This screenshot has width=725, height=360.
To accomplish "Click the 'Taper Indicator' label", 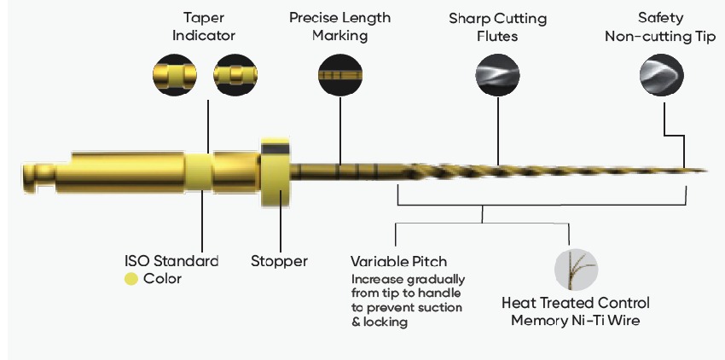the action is pyautogui.click(x=204, y=26).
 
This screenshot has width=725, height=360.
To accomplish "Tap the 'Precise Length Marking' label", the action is pyautogui.click(x=339, y=26).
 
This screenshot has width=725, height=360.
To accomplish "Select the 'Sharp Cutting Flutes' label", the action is pyautogui.click(x=497, y=27).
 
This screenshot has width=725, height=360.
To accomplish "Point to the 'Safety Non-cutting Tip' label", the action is pyautogui.click(x=660, y=27).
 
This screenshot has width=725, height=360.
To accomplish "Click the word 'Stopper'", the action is pyautogui.click(x=279, y=261).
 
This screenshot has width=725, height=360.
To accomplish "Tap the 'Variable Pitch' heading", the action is pyautogui.click(x=398, y=261).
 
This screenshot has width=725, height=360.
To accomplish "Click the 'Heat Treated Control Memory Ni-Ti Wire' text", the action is pyautogui.click(x=576, y=311).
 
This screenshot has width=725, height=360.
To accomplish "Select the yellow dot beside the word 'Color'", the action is pyautogui.click(x=131, y=279).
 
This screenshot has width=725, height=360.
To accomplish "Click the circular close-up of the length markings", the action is pyautogui.click(x=340, y=75).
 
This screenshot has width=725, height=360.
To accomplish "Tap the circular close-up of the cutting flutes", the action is pyautogui.click(x=497, y=75).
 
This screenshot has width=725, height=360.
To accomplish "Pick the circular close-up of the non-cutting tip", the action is pyautogui.click(x=662, y=75).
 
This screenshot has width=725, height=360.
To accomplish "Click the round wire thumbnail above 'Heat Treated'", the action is pyautogui.click(x=576, y=270).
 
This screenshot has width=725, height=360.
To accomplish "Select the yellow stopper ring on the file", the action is pyautogui.click(x=275, y=171).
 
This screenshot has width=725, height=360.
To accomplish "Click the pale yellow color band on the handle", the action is pyautogui.click(x=199, y=171).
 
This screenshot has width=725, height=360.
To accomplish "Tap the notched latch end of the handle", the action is pyautogui.click(x=39, y=177).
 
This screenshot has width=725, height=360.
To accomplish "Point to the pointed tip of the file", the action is pyautogui.click(x=707, y=171).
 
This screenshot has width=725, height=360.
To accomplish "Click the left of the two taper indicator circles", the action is pyautogui.click(x=175, y=75).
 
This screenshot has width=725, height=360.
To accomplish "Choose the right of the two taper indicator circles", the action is pyautogui.click(x=235, y=75).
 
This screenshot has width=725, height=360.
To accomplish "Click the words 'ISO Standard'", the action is pyautogui.click(x=171, y=261).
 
